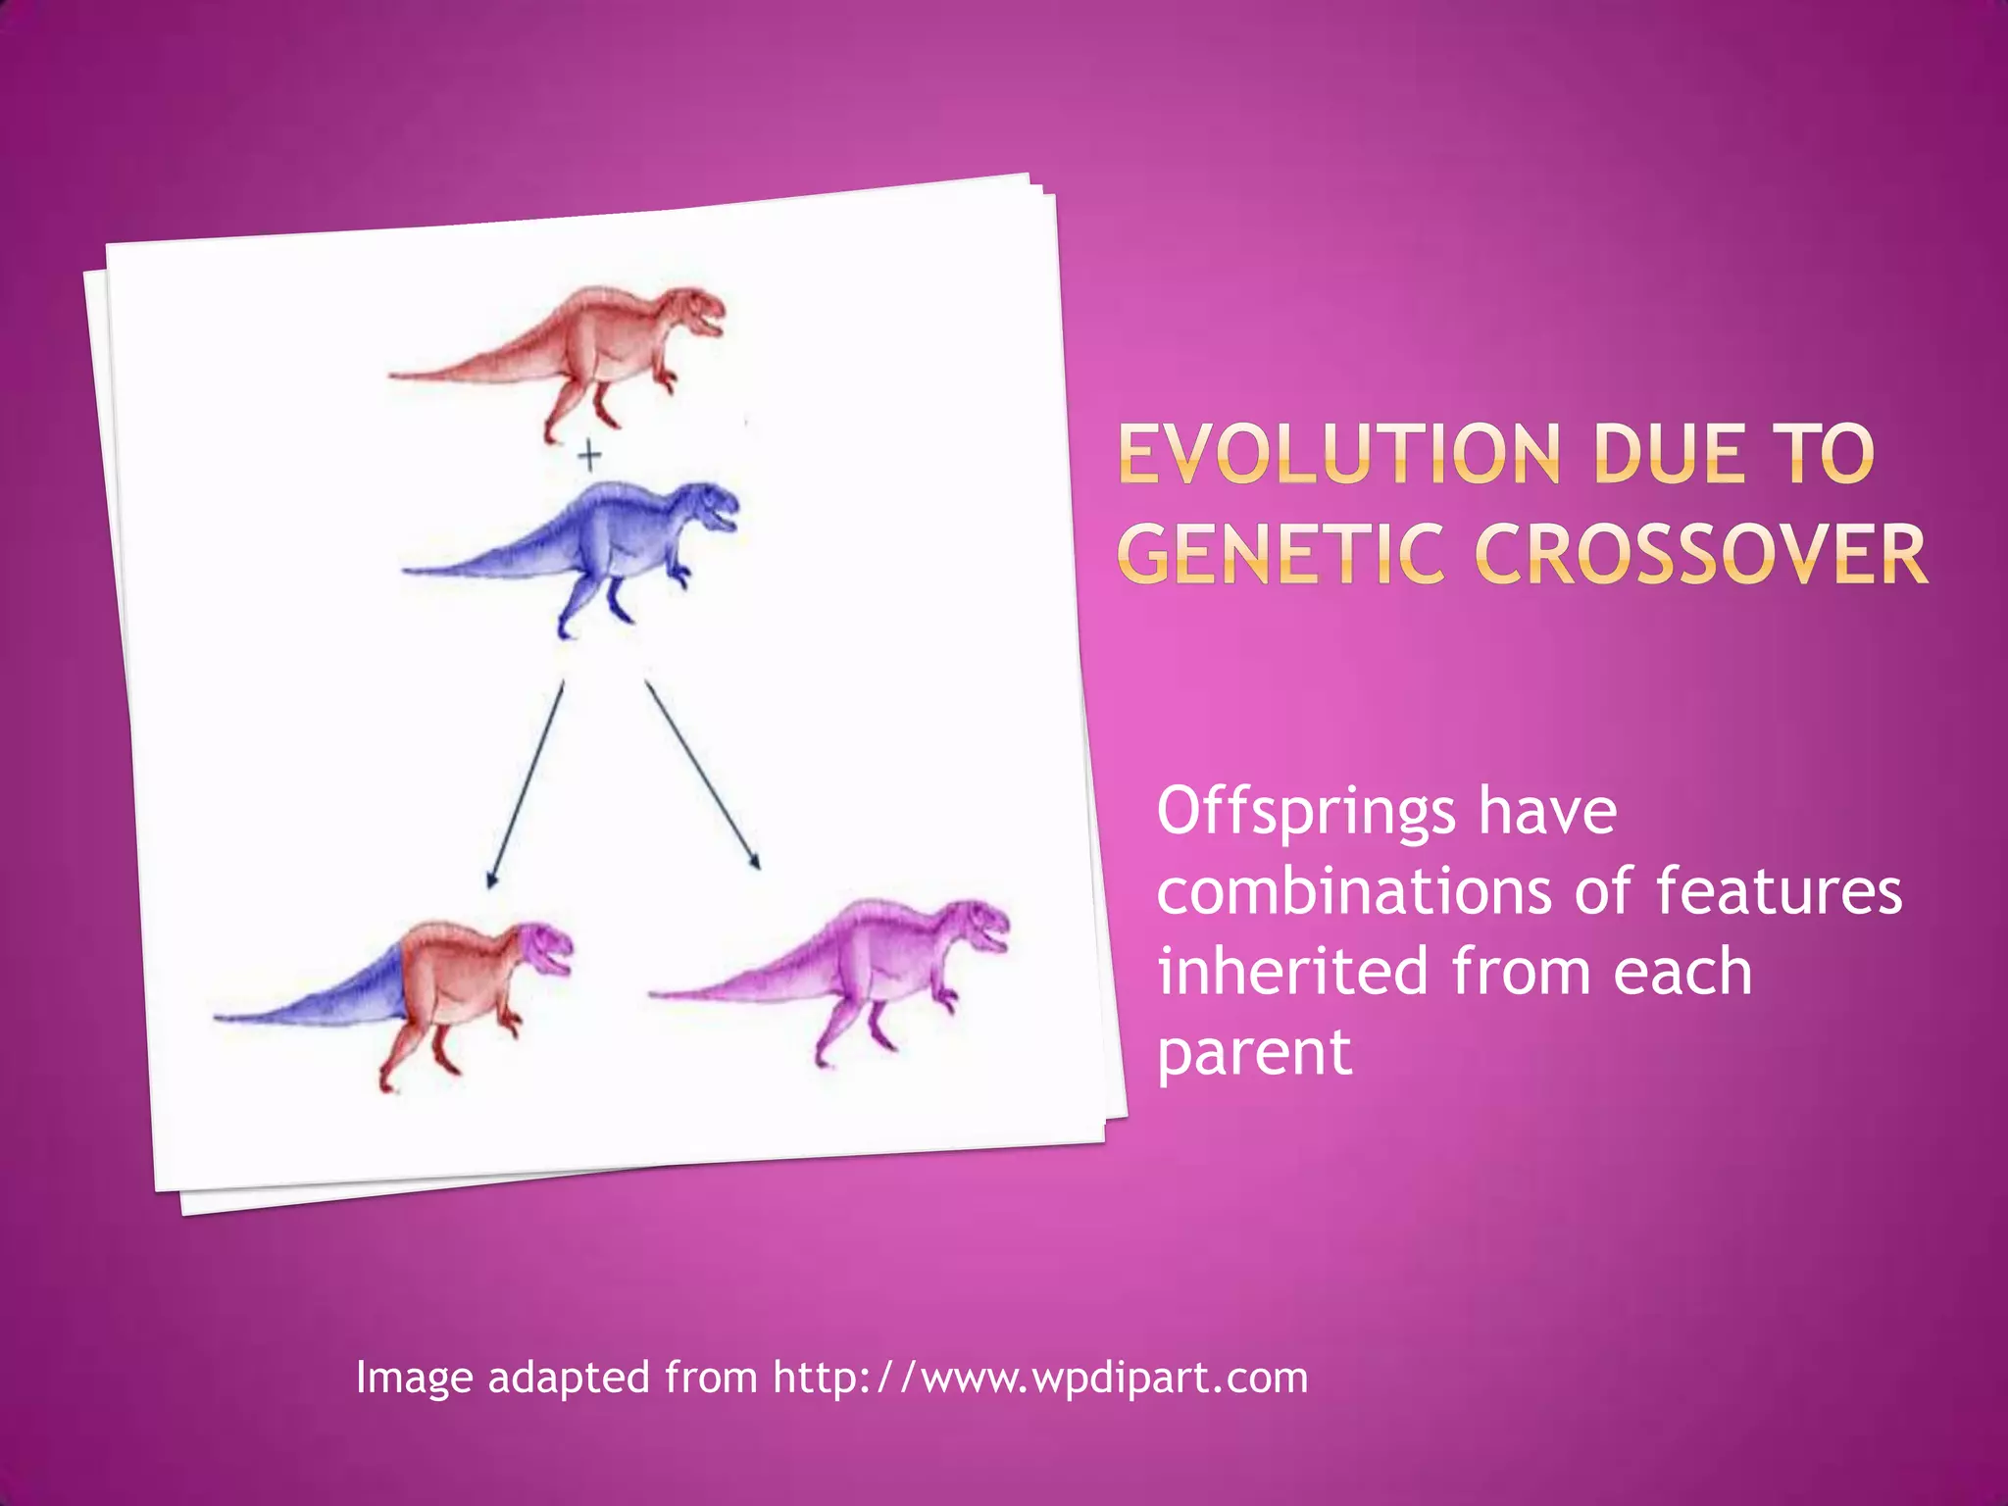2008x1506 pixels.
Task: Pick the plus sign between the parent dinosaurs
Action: (589, 456)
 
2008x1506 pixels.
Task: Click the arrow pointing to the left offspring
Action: (527, 784)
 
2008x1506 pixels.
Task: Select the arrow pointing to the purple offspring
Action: (702, 775)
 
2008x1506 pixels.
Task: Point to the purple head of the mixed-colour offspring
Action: (544, 946)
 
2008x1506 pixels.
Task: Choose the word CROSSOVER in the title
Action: (1702, 555)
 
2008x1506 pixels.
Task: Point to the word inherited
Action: (1292, 972)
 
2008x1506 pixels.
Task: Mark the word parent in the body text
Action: (1254, 1053)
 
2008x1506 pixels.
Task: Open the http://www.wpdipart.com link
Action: (1040, 1378)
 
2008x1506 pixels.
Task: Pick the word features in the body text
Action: (1779, 892)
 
